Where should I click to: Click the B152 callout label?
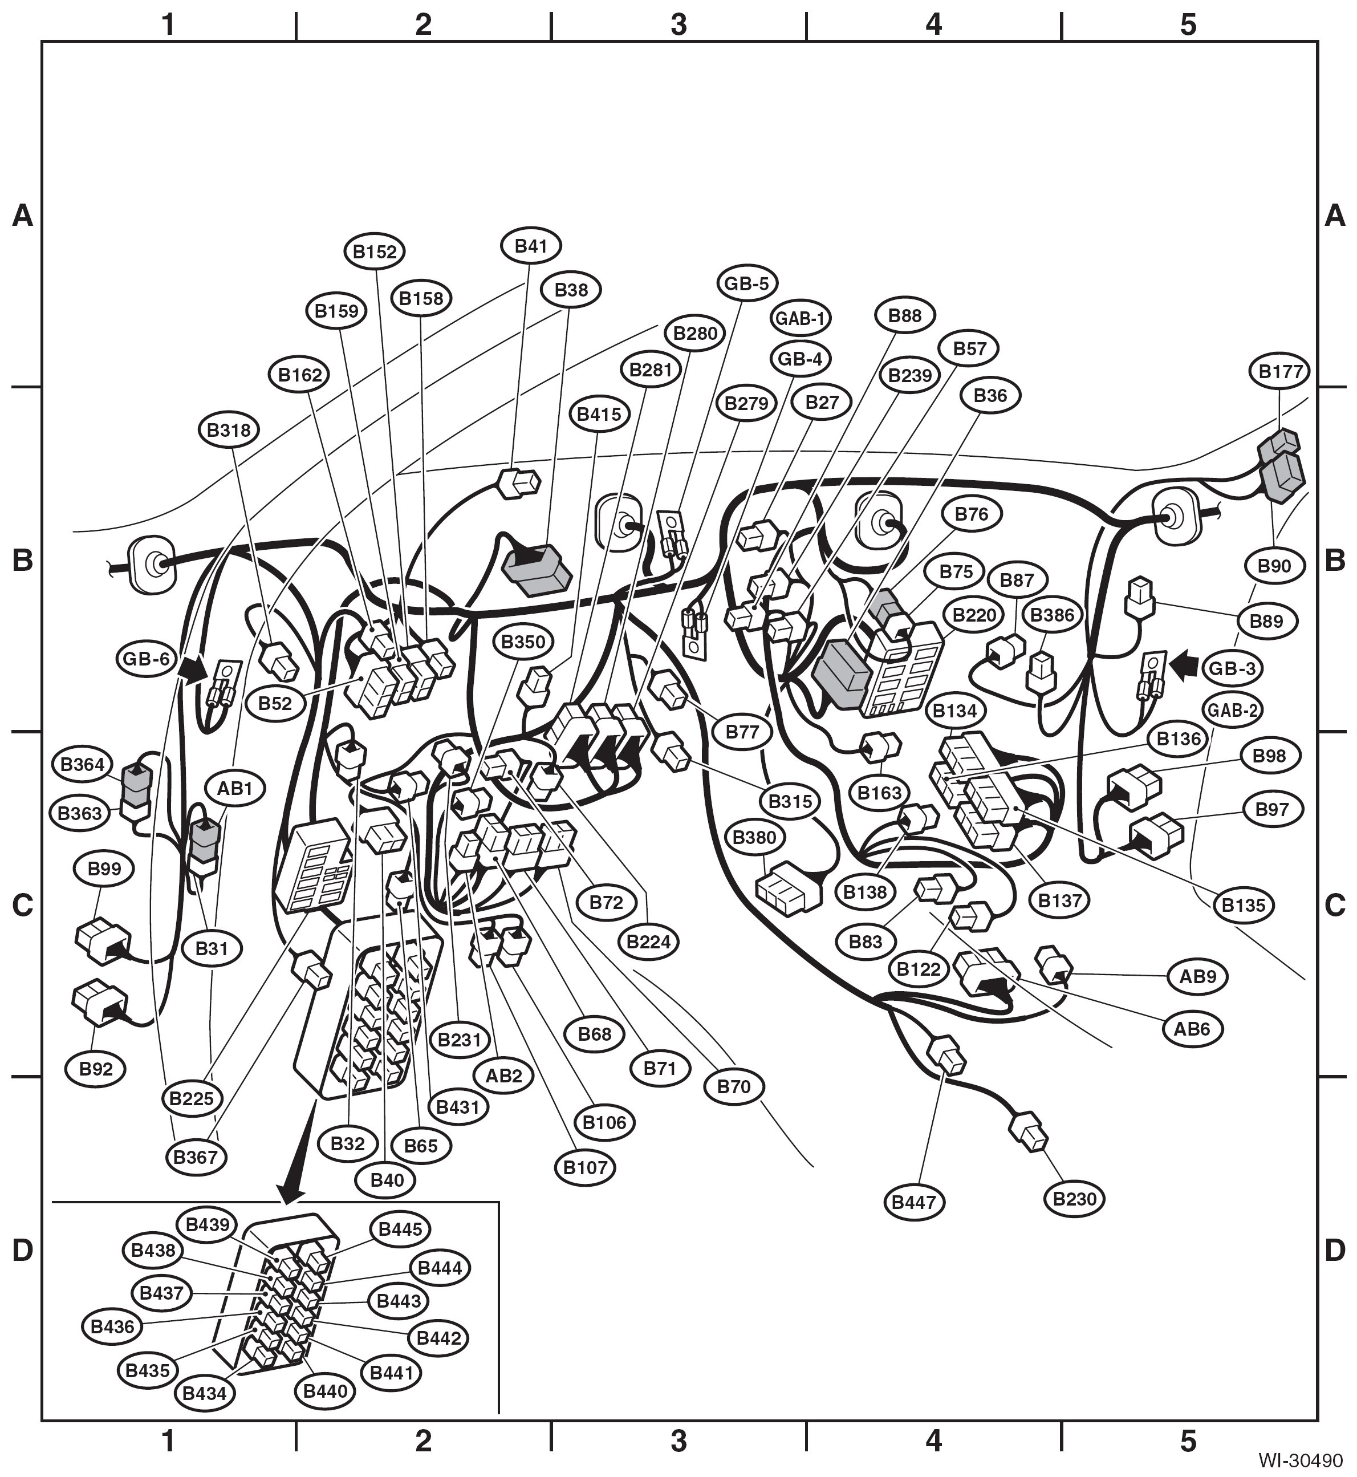(x=375, y=251)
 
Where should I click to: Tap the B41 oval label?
(x=531, y=246)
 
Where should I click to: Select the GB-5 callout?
(x=747, y=283)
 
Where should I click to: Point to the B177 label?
(x=1280, y=372)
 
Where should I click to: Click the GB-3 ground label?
(x=1232, y=669)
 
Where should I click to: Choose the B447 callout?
(x=914, y=1202)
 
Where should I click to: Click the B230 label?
(x=1074, y=1199)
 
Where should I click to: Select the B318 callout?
(x=229, y=429)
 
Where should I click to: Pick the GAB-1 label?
(x=801, y=318)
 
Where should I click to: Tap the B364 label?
(x=82, y=764)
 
